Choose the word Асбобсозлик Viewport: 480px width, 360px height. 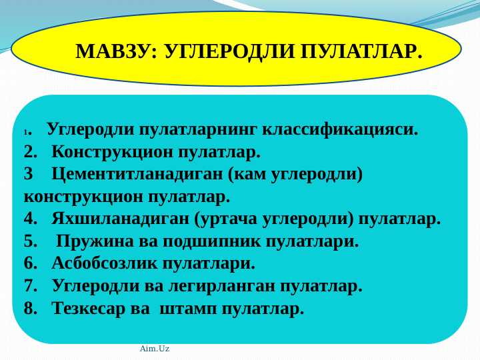110,264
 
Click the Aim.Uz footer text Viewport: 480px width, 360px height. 155,349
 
